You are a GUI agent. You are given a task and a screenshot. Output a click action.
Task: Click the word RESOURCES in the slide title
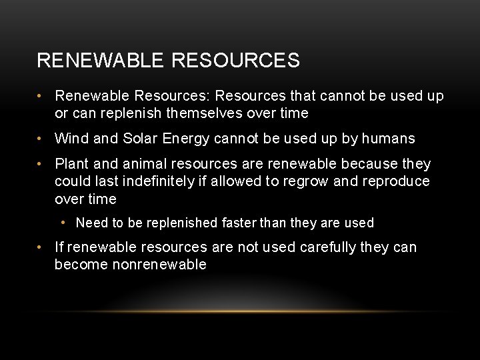pyautogui.click(x=235, y=61)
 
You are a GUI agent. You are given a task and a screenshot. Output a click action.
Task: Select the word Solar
pyautogui.click(x=139, y=139)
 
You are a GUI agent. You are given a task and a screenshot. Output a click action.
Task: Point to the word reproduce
pyautogui.click(x=396, y=181)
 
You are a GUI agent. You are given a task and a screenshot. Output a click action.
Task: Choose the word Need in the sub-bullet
pyautogui.click(x=91, y=223)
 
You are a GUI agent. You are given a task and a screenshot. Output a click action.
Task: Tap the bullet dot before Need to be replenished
pyautogui.click(x=63, y=223)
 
